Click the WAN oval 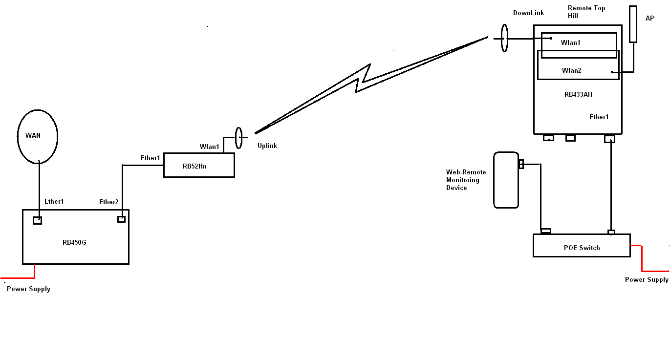click(x=38, y=136)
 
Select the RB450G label click(x=74, y=242)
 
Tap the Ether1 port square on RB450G click(x=37, y=220)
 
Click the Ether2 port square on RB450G click(x=121, y=219)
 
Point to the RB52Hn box click(x=198, y=165)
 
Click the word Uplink click(x=267, y=146)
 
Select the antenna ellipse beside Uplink click(x=238, y=138)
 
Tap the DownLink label click(x=528, y=13)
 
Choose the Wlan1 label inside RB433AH click(x=570, y=43)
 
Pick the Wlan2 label click(x=571, y=71)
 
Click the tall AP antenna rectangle click(x=633, y=24)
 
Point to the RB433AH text click(x=578, y=95)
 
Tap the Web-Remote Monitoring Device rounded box click(x=506, y=180)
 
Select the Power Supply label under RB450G click(x=28, y=289)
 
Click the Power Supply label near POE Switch click(x=647, y=280)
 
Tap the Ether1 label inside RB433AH click(x=599, y=117)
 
